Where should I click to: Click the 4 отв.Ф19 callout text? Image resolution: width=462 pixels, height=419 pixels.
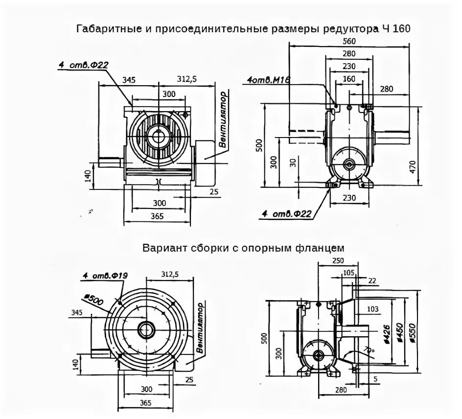click(104, 277)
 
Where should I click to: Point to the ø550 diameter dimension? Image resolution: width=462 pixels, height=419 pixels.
click(413, 331)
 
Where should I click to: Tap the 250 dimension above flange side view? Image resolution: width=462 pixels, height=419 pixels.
click(337, 261)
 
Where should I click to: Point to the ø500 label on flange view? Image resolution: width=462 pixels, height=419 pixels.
click(94, 300)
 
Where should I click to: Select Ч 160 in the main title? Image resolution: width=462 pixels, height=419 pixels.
click(394, 28)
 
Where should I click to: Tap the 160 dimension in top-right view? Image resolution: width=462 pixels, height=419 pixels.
click(349, 78)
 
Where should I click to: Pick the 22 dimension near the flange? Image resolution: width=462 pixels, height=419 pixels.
click(372, 280)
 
